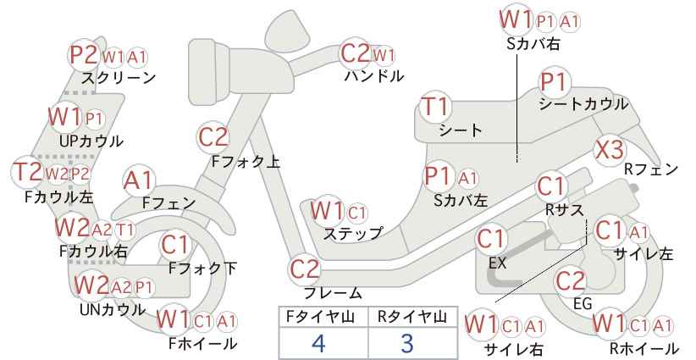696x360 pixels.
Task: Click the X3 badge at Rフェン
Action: [610, 151]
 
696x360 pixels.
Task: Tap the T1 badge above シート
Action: [436, 107]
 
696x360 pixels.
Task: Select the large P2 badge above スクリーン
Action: [85, 56]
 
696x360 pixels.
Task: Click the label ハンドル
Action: [374, 76]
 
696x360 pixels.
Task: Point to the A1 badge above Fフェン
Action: [138, 181]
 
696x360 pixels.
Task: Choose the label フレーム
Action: [333, 293]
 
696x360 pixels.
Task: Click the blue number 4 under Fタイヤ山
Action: [318, 343]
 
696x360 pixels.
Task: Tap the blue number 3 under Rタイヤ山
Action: [407, 343]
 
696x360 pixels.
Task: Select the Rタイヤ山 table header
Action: [412, 317]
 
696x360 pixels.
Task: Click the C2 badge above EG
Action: [571, 281]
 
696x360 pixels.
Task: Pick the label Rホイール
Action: [644, 348]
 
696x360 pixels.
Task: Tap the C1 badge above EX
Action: [491, 240]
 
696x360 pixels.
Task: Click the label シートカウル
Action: [583, 104]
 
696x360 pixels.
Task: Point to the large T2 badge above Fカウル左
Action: [28, 172]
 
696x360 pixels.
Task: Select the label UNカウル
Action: [113, 309]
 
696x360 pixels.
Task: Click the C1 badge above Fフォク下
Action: [175, 245]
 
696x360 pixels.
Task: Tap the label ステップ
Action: [352, 234]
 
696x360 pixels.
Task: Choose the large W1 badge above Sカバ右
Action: [516, 20]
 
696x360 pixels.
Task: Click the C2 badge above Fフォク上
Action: [213, 137]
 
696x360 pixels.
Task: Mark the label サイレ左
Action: [644, 253]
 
